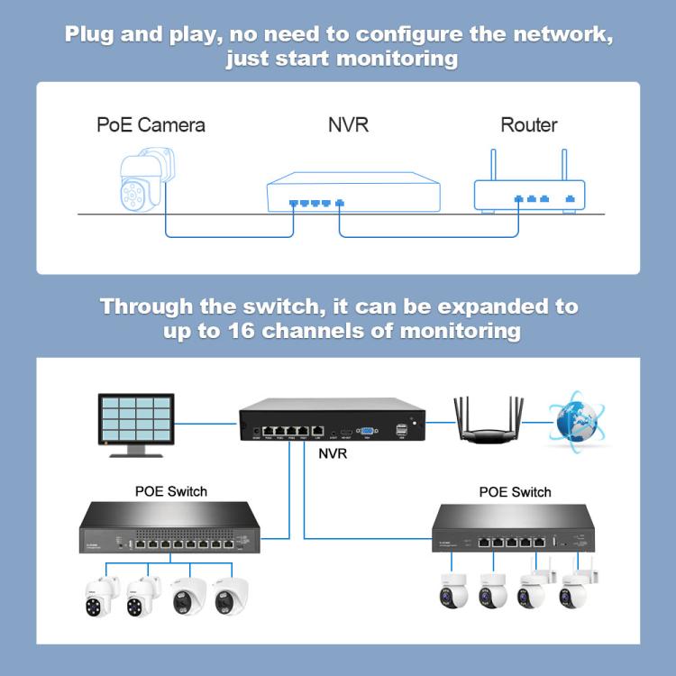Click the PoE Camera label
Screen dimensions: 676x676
(151, 124)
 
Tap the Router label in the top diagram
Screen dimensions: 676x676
(528, 124)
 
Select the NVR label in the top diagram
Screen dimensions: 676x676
(348, 124)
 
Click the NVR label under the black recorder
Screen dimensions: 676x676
(333, 453)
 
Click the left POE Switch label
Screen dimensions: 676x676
(170, 491)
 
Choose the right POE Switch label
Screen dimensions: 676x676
(516, 492)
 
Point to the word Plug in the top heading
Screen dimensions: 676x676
(94, 35)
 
